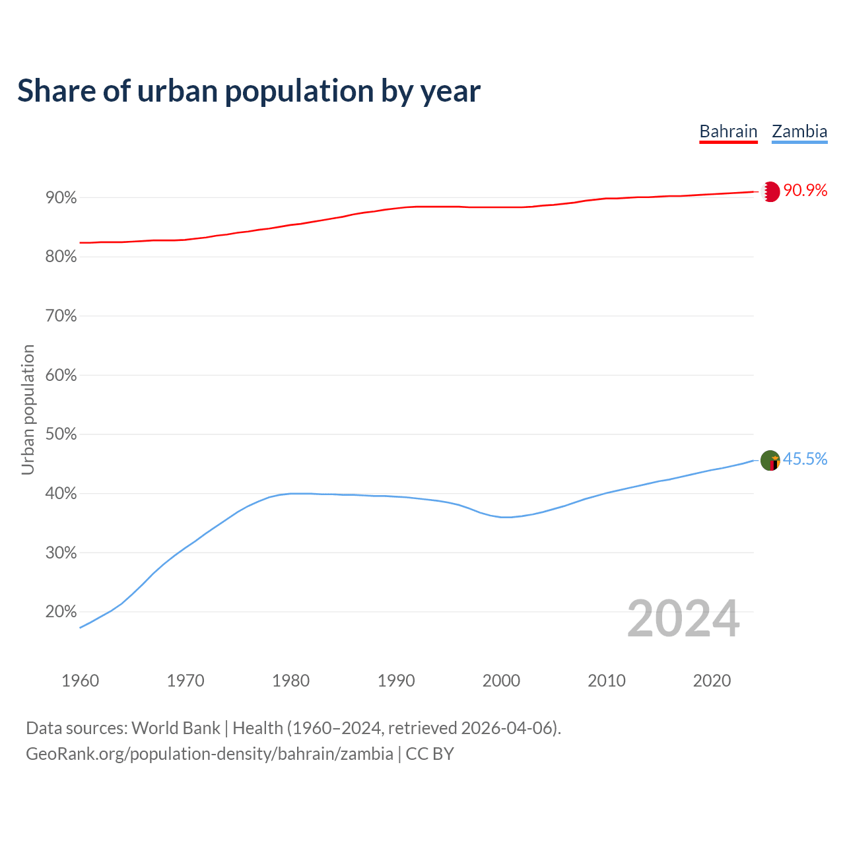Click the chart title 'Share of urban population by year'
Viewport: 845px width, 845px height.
tap(249, 91)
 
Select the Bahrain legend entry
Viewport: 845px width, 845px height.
tap(728, 131)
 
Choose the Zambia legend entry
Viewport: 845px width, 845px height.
tap(799, 131)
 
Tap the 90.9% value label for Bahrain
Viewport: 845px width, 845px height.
tap(805, 191)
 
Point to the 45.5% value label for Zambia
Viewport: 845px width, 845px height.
tap(805, 459)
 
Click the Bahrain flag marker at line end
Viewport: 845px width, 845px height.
tap(770, 191)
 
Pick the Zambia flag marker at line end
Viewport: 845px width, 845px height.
tap(770, 460)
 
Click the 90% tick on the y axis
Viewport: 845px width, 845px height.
tap(61, 198)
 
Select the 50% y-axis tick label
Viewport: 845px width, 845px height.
tap(61, 434)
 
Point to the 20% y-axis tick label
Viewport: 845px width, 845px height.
tap(61, 612)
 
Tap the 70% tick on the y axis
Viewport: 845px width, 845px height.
tap(61, 316)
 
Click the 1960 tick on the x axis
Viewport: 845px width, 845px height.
tap(80, 681)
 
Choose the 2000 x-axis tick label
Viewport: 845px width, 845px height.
tap(501, 681)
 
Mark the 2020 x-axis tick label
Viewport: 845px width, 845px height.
tap(712, 681)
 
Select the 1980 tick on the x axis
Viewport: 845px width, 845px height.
tap(290, 681)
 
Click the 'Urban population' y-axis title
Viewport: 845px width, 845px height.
tap(28, 410)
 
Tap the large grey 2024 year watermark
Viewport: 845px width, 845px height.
tap(683, 619)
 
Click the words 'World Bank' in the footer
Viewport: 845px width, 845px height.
tap(176, 728)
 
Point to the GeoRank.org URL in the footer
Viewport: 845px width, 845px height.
tap(209, 754)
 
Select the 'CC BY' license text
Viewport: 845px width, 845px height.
tap(430, 754)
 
